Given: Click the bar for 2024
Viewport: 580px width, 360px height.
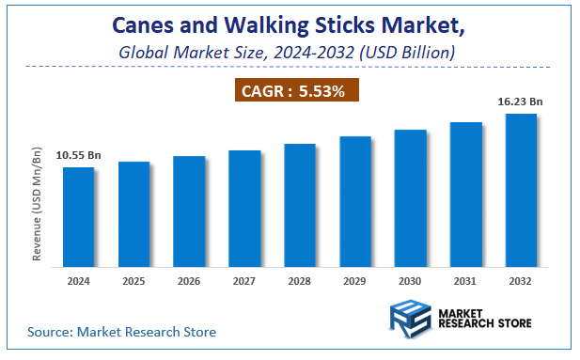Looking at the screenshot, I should point(78,217).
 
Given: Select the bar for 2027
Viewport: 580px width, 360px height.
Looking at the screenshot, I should point(244,209).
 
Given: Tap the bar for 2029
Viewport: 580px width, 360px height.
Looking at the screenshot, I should point(355,202).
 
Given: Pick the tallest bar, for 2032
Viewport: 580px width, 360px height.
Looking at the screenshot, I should point(521,191).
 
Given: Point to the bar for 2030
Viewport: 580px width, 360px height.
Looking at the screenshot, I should point(410,198).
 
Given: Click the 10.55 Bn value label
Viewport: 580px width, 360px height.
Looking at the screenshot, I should point(78,155).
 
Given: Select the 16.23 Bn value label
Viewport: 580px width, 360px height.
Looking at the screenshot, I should point(521,101).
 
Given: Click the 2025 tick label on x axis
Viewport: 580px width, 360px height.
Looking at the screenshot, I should point(133,281).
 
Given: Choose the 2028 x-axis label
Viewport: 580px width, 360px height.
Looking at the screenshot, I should point(300,281).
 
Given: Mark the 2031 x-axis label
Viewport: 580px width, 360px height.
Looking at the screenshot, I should point(465,281).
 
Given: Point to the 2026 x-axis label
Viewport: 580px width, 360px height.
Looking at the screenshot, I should point(189,281).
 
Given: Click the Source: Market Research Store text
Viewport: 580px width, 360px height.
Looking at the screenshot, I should point(121,332).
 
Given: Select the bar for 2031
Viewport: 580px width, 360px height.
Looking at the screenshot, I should point(465,195).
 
